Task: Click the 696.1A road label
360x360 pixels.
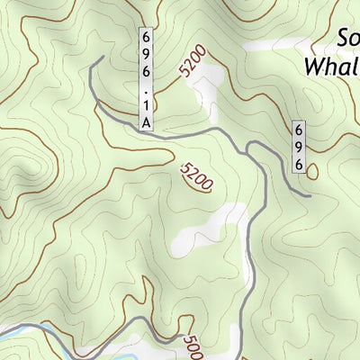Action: [x=145, y=79]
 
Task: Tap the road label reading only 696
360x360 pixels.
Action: [x=299, y=148]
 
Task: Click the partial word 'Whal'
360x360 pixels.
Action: [x=332, y=66]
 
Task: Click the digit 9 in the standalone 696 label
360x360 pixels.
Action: [x=299, y=148]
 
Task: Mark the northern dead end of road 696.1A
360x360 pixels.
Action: [x=101, y=58]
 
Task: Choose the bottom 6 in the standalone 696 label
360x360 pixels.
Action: [x=299, y=163]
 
